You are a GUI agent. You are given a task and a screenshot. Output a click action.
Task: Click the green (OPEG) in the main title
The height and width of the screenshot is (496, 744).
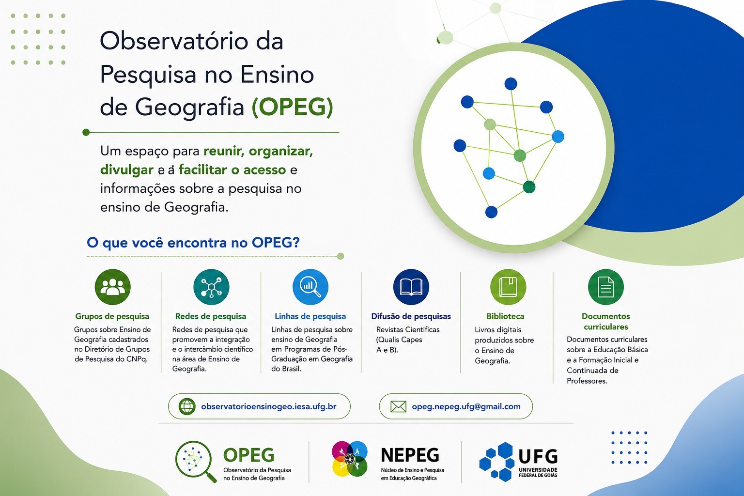coord(292,107)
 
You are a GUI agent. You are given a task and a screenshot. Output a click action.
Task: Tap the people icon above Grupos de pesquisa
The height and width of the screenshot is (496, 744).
coord(112,287)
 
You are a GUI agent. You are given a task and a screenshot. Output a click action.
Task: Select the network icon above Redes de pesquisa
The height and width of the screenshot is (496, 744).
coord(211,287)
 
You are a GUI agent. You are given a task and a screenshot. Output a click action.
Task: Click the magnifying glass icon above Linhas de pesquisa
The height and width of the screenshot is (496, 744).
coord(310,287)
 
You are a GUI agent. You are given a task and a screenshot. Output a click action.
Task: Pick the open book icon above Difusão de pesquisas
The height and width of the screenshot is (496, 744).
coord(411,287)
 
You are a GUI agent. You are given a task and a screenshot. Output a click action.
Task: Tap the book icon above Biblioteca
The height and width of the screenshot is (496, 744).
coord(508,287)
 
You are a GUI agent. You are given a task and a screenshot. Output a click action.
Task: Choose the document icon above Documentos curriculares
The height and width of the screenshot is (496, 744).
coord(606,287)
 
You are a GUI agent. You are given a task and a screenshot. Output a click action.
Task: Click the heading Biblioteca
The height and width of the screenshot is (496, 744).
coord(505,316)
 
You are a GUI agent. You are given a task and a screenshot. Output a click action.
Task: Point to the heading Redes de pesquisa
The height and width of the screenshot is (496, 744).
coord(211,316)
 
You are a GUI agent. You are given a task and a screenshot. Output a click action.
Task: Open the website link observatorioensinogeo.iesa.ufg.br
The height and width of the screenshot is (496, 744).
coord(269,407)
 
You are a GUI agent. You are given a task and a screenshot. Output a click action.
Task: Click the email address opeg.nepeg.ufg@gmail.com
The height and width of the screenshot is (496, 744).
coord(466,407)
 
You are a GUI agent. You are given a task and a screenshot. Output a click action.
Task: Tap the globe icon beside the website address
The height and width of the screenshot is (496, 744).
coord(187,406)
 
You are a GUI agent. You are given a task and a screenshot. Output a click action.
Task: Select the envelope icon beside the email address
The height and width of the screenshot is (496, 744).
coord(398,407)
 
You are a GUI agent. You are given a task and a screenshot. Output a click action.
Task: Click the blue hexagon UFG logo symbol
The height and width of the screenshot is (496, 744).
coord(497,462)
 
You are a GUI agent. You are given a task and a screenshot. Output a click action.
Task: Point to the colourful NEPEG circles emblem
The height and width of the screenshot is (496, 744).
coord(350,459)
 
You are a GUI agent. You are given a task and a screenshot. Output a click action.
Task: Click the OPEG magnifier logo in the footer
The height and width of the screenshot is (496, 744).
coord(196,461)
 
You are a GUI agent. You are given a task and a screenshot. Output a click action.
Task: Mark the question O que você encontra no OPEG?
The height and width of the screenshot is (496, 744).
coord(193,243)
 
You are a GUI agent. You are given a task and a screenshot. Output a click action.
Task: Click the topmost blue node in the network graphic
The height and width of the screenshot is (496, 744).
coord(511,84)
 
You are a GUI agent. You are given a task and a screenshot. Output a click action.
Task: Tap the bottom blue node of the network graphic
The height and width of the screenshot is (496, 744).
coord(491,212)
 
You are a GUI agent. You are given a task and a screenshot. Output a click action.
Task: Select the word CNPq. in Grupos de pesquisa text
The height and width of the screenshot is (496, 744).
coord(137,359)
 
